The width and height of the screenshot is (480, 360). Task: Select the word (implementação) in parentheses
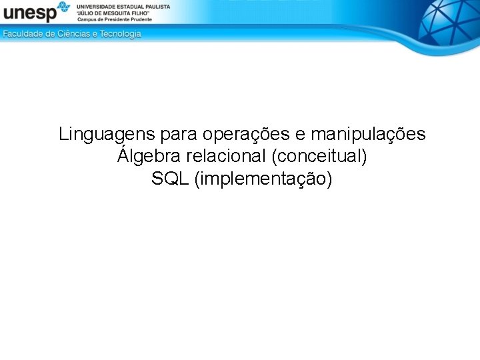(x=263, y=179)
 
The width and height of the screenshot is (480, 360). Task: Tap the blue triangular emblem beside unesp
(x=63, y=8)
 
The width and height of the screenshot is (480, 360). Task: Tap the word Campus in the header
(x=88, y=19)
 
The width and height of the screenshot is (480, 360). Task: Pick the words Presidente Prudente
(x=131, y=19)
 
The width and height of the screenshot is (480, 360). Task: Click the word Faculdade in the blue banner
(x=23, y=34)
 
